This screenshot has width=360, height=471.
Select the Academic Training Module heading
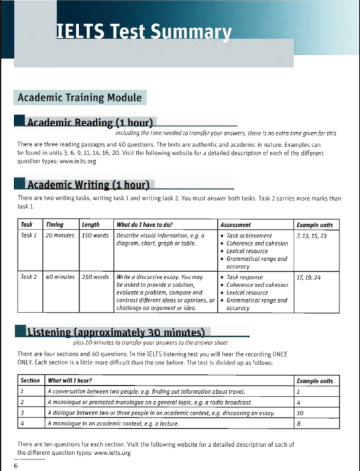(x=79, y=98)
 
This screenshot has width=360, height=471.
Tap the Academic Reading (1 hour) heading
(x=90, y=123)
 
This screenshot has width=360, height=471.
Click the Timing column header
(x=54, y=225)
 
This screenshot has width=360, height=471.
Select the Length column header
(x=90, y=225)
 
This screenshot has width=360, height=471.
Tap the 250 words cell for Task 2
(x=95, y=276)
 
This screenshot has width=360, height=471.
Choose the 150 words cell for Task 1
(x=95, y=236)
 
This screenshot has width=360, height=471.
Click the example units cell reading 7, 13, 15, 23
(x=312, y=236)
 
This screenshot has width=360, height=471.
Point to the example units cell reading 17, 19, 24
(x=308, y=276)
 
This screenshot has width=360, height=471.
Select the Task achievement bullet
(x=249, y=236)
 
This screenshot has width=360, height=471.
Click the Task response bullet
(x=245, y=276)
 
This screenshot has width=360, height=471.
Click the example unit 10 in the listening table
(x=300, y=413)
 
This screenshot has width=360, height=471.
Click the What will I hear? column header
(x=70, y=380)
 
